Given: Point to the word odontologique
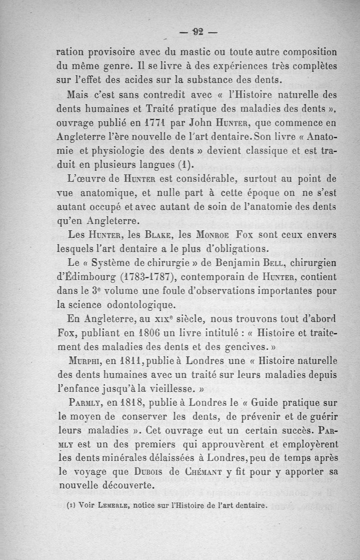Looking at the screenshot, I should tap(123, 305).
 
